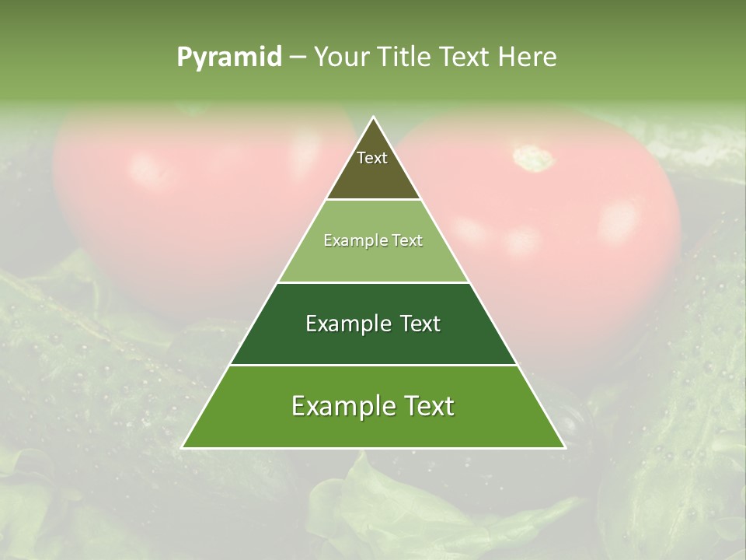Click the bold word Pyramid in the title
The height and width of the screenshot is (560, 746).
tap(229, 57)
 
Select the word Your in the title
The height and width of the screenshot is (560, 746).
tap(342, 57)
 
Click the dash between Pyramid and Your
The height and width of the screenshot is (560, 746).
tap(298, 58)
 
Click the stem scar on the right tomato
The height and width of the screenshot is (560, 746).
tap(533, 158)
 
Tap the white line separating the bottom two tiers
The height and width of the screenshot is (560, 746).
tap(373, 365)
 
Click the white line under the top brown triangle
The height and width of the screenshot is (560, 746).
tap(373, 200)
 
